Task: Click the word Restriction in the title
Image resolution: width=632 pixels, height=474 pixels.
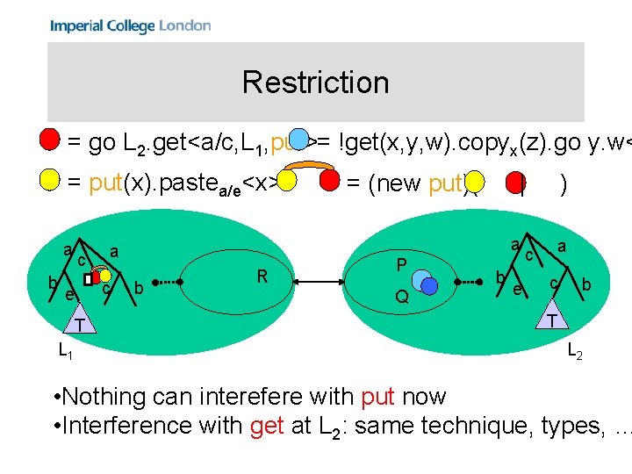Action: (x=315, y=83)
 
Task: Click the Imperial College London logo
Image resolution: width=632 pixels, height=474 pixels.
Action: (x=130, y=25)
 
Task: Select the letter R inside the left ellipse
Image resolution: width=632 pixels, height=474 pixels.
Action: (x=262, y=277)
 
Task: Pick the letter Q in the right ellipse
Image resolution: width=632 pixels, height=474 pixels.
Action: (x=401, y=298)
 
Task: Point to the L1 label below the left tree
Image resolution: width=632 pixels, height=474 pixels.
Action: (x=65, y=352)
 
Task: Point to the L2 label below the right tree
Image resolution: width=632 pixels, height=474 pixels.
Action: (x=574, y=352)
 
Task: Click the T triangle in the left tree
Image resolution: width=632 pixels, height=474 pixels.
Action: (x=79, y=324)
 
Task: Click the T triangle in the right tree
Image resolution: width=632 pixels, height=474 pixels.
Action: (x=551, y=318)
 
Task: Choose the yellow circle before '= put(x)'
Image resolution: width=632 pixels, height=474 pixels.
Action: (x=50, y=182)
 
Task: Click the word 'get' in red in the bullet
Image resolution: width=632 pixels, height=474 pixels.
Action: (x=266, y=426)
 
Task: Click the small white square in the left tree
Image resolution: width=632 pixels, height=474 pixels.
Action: (x=88, y=279)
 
